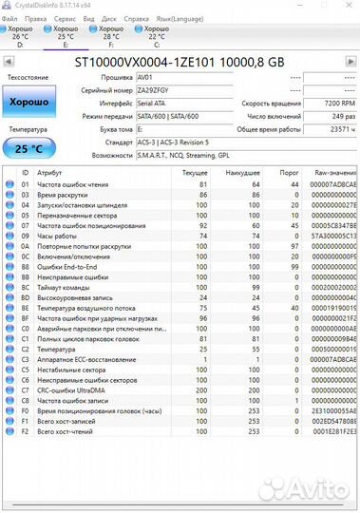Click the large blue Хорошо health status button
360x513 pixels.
point(29,101)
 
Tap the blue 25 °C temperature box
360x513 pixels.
point(29,148)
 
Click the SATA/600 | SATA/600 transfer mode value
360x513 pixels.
point(170,114)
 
